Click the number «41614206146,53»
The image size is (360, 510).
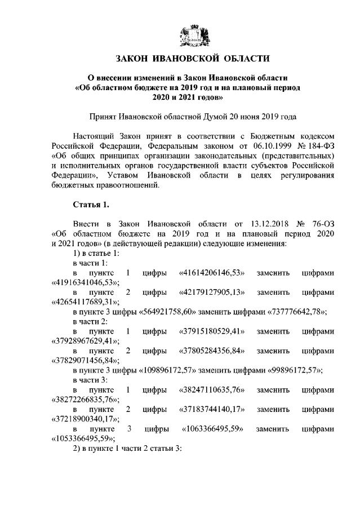click(x=212, y=273)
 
